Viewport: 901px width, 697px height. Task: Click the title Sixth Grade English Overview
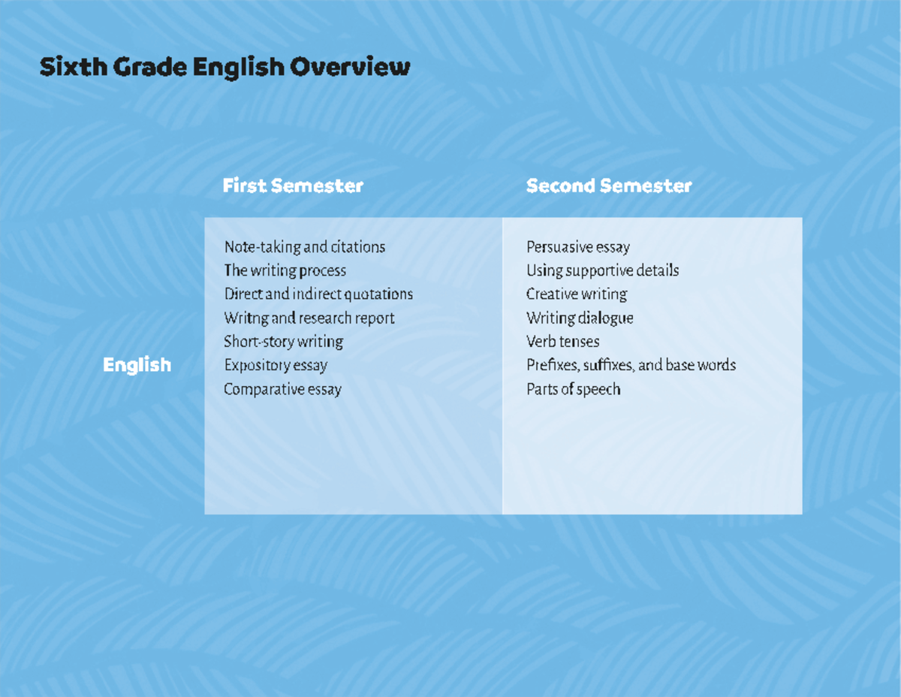[x=224, y=68]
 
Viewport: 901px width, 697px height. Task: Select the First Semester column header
[x=293, y=186]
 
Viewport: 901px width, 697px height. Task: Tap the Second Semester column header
[x=609, y=186]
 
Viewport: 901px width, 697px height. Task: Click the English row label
[x=137, y=365]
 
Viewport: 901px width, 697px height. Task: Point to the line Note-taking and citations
[x=304, y=246]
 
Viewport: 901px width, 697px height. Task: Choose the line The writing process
[x=285, y=270]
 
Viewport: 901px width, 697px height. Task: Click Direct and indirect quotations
[x=318, y=294]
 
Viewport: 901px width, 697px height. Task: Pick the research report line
[x=309, y=318]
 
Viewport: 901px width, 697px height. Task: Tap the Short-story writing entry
[x=283, y=342]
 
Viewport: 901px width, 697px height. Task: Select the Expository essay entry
[x=276, y=365]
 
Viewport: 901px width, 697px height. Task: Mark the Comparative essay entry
[x=282, y=389]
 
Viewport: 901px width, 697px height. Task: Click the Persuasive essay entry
[x=577, y=246]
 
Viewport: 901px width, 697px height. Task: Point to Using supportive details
[x=602, y=270]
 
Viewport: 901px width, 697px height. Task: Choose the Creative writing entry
[x=576, y=294]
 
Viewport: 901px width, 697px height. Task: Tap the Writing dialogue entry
[x=580, y=318]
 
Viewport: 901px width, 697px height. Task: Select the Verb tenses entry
[x=562, y=342]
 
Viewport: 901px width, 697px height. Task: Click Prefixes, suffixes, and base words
[x=631, y=365]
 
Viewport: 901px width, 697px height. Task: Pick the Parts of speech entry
[x=573, y=389]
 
